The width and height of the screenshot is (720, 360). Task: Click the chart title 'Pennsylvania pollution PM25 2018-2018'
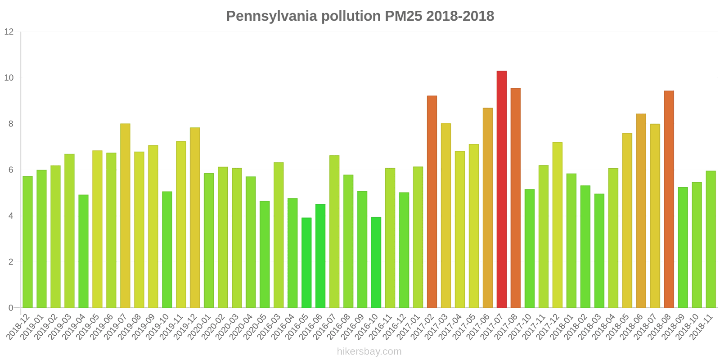pyautogui.click(x=360, y=16)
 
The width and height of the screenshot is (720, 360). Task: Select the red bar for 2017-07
pyautogui.click(x=502, y=189)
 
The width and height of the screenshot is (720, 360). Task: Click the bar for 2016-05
pyautogui.click(x=306, y=263)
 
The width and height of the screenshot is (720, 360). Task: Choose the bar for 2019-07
pyautogui.click(x=125, y=216)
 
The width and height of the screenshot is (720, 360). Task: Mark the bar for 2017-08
pyautogui.click(x=516, y=198)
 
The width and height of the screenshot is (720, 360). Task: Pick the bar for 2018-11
pyautogui.click(x=711, y=239)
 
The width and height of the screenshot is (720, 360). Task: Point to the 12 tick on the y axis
pyautogui.click(x=9, y=32)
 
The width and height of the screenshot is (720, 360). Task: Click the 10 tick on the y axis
pyautogui.click(x=9, y=78)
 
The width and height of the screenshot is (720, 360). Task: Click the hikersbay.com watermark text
pyautogui.click(x=369, y=351)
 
